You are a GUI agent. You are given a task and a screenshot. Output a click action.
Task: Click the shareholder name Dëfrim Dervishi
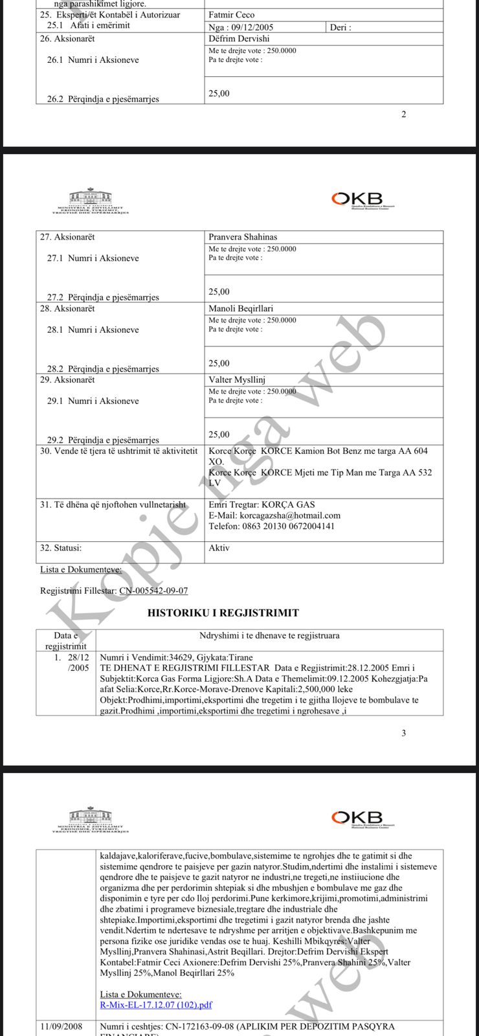click(x=239, y=39)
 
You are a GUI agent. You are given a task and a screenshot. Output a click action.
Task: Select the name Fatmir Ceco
click(x=232, y=15)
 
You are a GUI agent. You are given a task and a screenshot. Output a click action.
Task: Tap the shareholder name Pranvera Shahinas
click(x=243, y=237)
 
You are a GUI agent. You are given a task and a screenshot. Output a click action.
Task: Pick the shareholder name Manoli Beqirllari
click(x=241, y=308)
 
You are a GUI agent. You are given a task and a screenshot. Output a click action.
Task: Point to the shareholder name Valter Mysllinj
click(x=237, y=379)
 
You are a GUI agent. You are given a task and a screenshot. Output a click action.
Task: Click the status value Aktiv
click(x=219, y=548)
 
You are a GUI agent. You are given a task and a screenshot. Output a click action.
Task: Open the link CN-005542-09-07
click(x=153, y=591)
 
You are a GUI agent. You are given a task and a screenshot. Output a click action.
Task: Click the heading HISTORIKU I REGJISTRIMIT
click(x=223, y=613)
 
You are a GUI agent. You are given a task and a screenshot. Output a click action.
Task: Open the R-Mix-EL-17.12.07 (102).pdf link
click(x=156, y=1005)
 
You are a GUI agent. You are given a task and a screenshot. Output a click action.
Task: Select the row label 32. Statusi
click(x=61, y=548)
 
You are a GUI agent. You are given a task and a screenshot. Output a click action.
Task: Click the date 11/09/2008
click(x=61, y=1026)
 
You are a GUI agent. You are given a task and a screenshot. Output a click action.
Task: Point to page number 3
click(x=404, y=733)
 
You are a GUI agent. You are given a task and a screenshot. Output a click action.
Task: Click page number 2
click(x=404, y=115)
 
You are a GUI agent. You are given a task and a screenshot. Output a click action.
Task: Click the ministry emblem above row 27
click(x=90, y=201)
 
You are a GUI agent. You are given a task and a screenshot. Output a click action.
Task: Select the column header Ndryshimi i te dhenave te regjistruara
click(x=269, y=635)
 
